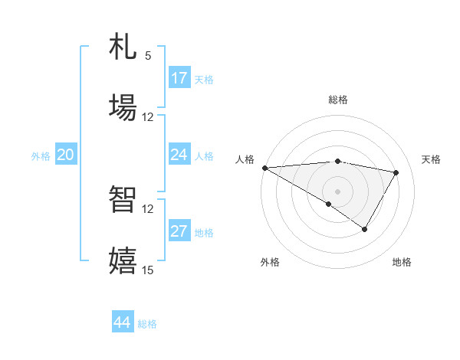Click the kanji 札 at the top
pos(123,48)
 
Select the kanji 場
pos(123,106)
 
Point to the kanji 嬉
pos(123,260)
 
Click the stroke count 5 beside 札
pos(148,56)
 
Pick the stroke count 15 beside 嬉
pos(148,270)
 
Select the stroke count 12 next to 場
pos(148,117)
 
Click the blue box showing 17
pos(179,78)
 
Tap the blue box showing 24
pos(179,155)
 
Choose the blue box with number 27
pos(179,231)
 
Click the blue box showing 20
pos(66,155)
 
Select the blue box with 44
pos(123,322)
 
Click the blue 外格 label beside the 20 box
pos(41,156)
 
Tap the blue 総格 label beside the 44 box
pos(147,324)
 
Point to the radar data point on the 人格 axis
pos(264,168)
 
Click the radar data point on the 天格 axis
pos(396,172)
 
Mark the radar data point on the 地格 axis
pos(365,229)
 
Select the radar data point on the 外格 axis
pos(329,204)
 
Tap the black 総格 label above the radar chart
pos(338,100)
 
